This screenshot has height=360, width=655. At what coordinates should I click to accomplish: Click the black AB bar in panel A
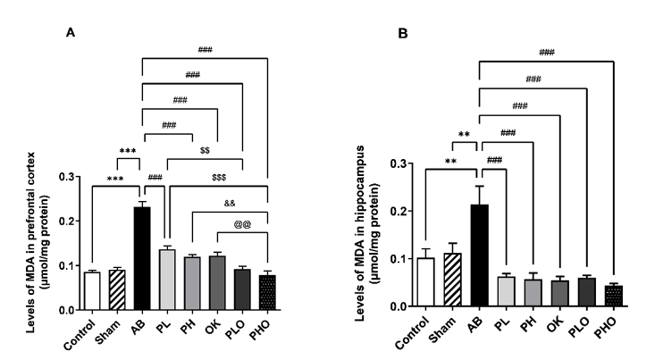(x=142, y=259)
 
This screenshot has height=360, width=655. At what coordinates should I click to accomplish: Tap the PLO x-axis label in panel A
(x=238, y=327)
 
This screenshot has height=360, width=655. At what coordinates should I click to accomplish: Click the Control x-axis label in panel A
(x=78, y=332)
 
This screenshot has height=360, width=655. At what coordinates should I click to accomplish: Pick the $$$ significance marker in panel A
(x=219, y=179)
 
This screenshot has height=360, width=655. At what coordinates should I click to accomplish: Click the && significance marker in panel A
(x=230, y=203)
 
